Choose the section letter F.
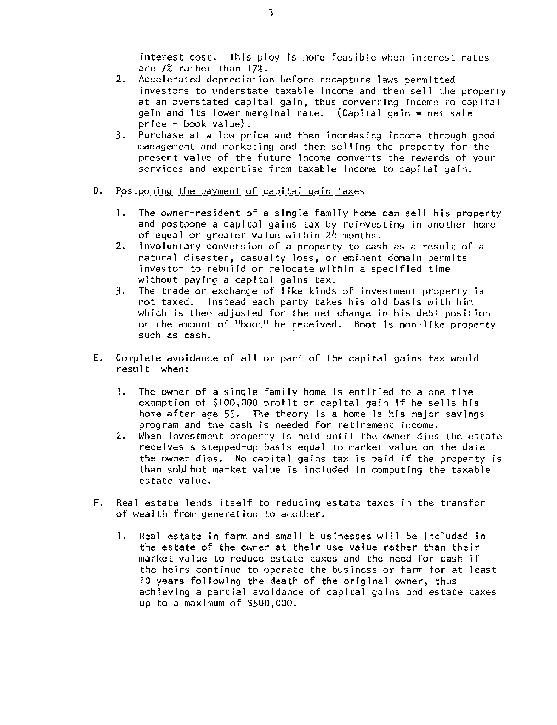pyautogui.click(x=96, y=503)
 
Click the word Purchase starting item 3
pyautogui.click(x=161, y=135)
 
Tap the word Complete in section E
pyautogui.click(x=138, y=358)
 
